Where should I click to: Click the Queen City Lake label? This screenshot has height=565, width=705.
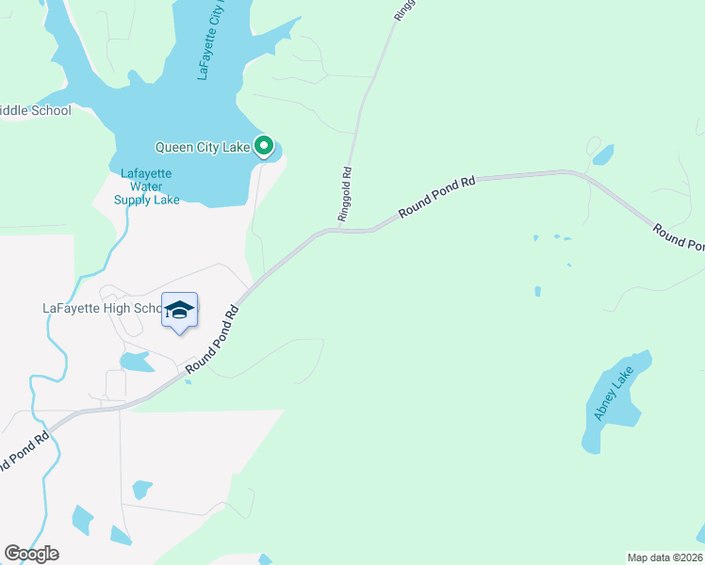[203, 147]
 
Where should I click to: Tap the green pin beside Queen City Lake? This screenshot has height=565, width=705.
[265, 146]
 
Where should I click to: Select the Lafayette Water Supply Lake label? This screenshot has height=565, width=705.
[146, 186]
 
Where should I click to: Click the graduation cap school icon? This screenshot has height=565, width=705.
[179, 310]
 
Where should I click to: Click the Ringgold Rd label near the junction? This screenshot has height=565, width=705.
[345, 195]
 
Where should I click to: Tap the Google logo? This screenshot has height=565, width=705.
[31, 554]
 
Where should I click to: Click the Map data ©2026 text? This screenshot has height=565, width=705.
[664, 557]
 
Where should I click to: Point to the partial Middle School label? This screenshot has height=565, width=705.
[35, 111]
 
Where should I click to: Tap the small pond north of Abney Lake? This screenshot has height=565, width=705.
[602, 154]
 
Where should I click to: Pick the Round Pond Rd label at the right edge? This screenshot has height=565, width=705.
[677, 239]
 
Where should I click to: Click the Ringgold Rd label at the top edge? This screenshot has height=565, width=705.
[399, 11]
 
